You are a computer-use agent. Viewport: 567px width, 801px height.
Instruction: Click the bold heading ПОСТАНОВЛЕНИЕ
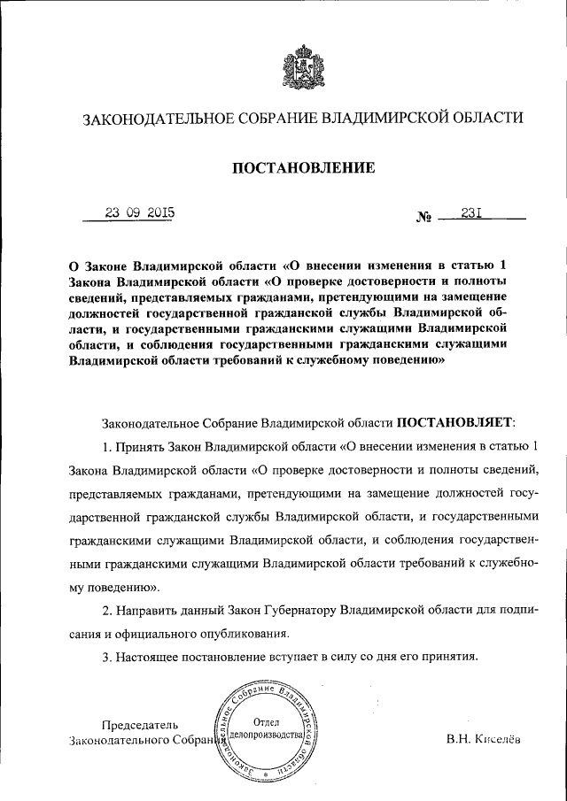(297, 166)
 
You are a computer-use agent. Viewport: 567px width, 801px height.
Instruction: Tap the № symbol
(423, 216)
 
